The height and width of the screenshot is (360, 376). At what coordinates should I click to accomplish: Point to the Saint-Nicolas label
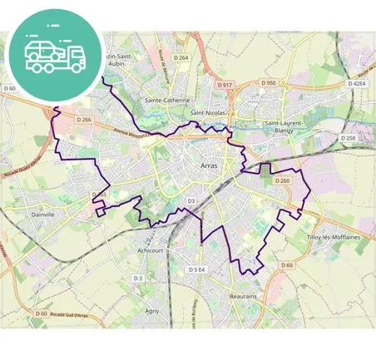[x=208, y=111]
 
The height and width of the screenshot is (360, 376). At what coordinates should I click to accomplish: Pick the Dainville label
[x=42, y=214]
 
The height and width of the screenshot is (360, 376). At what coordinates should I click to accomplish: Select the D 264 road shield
[x=181, y=57]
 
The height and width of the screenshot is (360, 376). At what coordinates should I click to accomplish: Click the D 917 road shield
[x=225, y=85]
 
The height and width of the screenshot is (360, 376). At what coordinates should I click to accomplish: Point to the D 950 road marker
[x=268, y=83]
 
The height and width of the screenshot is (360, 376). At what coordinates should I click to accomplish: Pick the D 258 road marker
[x=349, y=137]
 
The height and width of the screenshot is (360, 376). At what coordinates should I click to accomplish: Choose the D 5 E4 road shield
[x=197, y=269]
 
